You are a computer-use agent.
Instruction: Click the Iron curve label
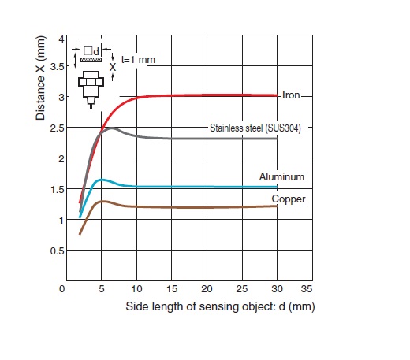coord(291,95)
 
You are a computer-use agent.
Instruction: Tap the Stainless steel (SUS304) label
coord(255,128)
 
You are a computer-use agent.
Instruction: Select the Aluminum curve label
coord(281,176)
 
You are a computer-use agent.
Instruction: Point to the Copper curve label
coord(289,199)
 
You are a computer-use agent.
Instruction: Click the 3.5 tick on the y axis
coord(58,67)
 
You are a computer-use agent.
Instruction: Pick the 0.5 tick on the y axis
coord(58,251)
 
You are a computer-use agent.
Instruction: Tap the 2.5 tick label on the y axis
coord(58,128)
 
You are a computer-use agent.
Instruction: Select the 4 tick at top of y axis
coord(61,39)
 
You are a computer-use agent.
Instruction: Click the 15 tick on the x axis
coord(172,289)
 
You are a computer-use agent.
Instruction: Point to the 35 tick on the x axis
coord(307,289)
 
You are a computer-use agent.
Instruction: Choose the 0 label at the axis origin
coord(61,289)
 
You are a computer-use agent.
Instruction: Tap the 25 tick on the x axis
coord(242,289)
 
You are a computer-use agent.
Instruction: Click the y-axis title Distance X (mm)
coord(40,78)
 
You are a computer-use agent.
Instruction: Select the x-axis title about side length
coord(220,306)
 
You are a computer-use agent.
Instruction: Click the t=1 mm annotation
coord(138,60)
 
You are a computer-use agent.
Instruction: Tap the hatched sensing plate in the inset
coord(91,60)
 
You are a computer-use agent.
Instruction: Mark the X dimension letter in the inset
coord(113,67)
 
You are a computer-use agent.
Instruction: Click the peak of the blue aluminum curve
coord(102,180)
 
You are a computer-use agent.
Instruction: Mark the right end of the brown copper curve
coord(277,206)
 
